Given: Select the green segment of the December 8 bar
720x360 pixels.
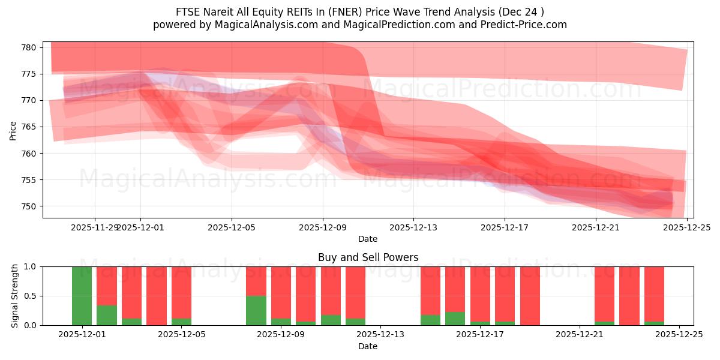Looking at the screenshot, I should pos(256,310).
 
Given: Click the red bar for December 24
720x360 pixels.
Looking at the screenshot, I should pos(654,293).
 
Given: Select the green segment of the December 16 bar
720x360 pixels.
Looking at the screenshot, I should pos(455,319).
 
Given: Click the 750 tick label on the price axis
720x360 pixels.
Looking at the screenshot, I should pos(29,206).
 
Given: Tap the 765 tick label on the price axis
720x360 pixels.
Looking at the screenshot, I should pos(29,127).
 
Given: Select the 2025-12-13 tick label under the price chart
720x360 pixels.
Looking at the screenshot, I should pos(413,227).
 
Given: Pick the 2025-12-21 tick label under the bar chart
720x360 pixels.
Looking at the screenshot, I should pos(580,335).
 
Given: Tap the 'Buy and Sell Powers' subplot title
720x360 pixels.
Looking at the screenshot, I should pos(368,257).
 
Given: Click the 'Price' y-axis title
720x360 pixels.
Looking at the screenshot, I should pos(13,130).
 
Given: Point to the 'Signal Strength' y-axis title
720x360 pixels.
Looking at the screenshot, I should pos(16,296).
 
